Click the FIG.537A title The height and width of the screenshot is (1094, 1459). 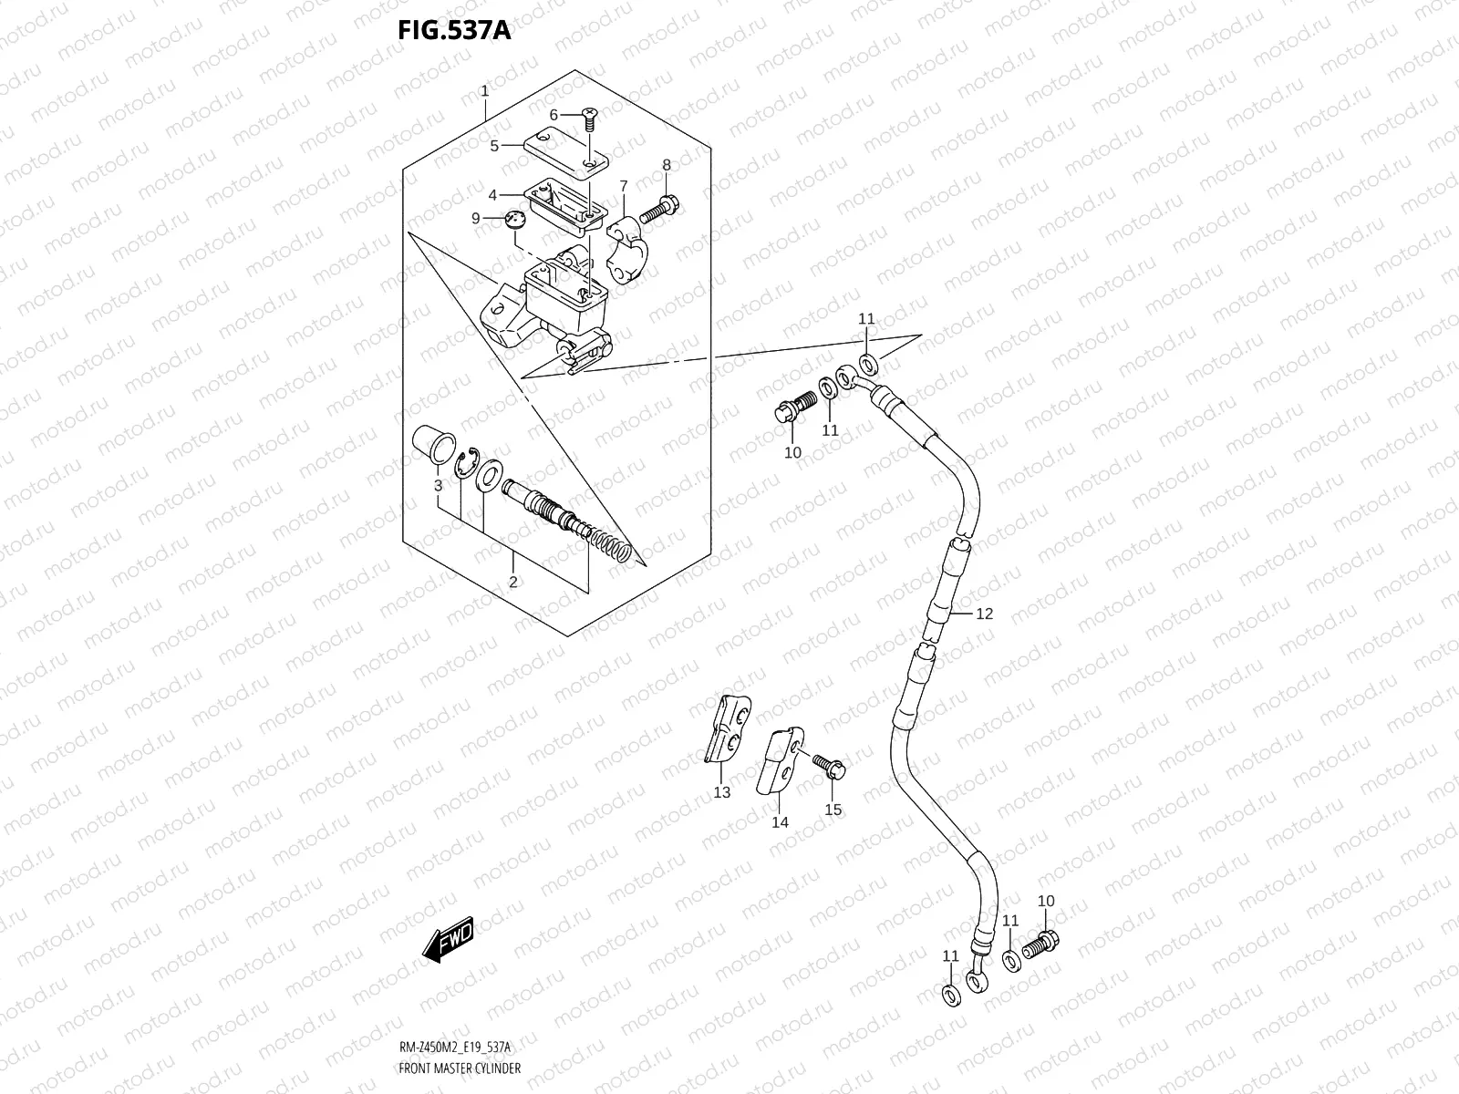pyautogui.click(x=453, y=31)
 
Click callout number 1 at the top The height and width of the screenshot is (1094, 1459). pyautogui.click(x=484, y=91)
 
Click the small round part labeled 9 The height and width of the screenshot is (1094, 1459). pyautogui.click(x=516, y=219)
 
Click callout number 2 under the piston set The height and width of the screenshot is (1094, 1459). pyautogui.click(x=512, y=582)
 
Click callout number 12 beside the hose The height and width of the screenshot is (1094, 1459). pyautogui.click(x=984, y=614)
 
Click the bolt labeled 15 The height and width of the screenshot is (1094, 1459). pyautogui.click(x=829, y=769)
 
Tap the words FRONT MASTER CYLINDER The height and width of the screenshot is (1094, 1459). pyautogui.click(x=460, y=1068)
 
